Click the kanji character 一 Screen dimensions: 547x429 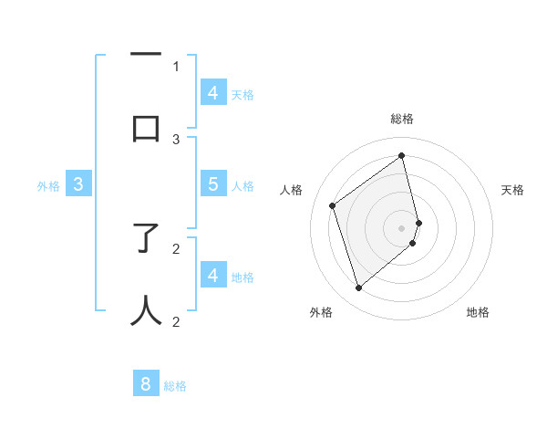[147, 55]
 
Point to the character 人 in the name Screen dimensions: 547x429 [147, 309]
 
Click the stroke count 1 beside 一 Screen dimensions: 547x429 [176, 66]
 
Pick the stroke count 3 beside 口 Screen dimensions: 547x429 [176, 139]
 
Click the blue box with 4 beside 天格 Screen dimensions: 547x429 [212, 93]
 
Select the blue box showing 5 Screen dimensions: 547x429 [212, 184]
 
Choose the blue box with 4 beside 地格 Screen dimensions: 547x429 [212, 276]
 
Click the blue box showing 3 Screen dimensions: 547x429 [78, 184]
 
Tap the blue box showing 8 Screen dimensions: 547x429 [146, 384]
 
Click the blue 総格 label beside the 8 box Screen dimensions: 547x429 [175, 386]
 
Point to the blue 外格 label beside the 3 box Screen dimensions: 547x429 [48, 186]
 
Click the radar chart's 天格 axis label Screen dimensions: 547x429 [512, 191]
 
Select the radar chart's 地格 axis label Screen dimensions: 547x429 [478, 313]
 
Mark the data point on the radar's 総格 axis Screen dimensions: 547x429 [402, 155]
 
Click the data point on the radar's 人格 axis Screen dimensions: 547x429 [333, 206]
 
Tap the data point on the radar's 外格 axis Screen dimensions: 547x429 [358, 288]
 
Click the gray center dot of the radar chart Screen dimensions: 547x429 [402, 227]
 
